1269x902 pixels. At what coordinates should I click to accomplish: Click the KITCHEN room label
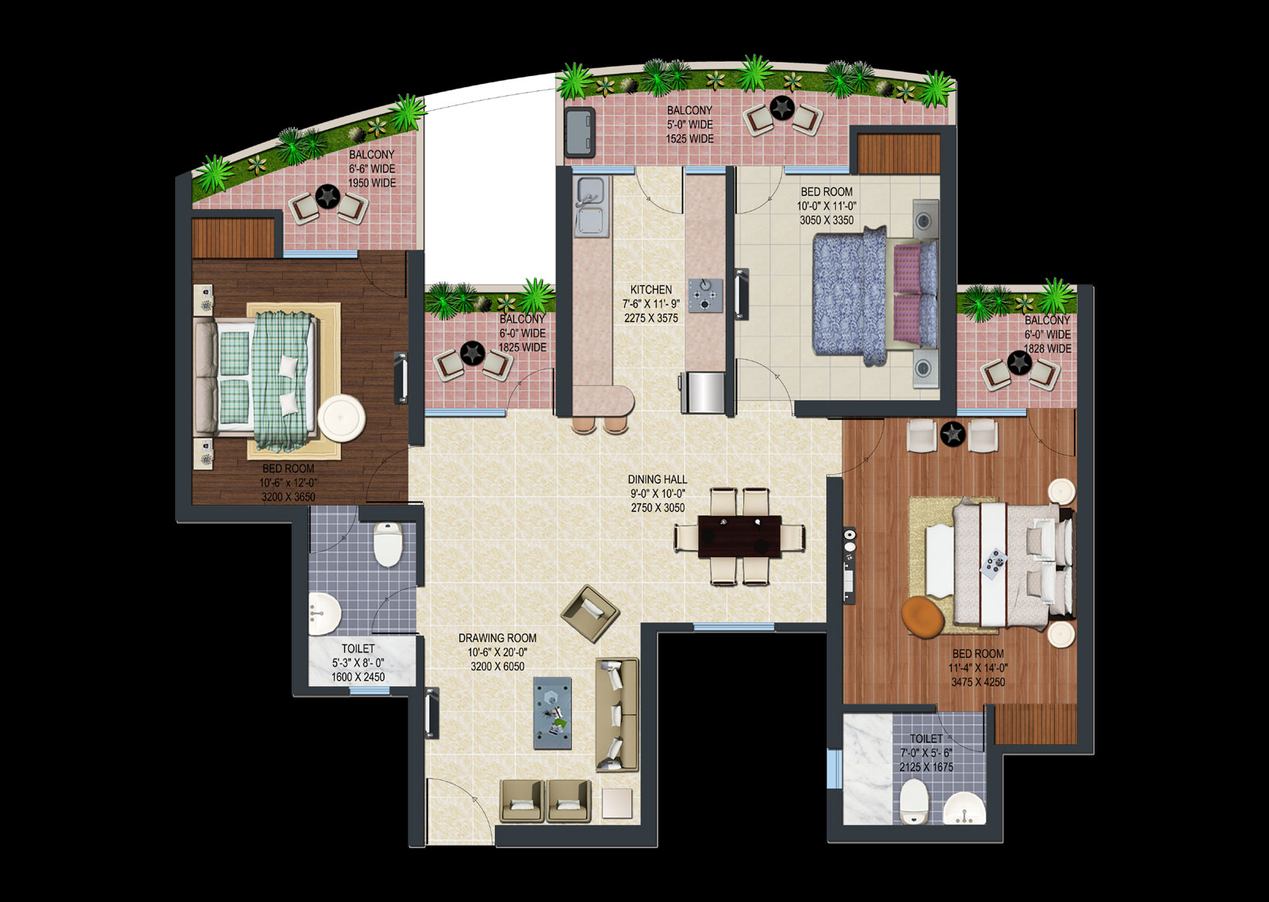tap(651, 289)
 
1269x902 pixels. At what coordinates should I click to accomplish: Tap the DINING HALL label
tap(658, 480)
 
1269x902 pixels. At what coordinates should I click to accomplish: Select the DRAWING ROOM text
tap(497, 638)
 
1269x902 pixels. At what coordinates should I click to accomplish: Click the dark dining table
tap(739, 537)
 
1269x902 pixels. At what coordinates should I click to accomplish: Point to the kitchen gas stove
tap(706, 295)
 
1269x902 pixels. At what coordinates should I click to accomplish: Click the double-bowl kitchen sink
tap(592, 206)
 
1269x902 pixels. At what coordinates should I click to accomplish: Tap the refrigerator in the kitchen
tap(703, 392)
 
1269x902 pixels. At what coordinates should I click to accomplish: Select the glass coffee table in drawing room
tap(552, 713)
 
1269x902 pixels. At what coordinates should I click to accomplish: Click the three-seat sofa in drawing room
tap(618, 714)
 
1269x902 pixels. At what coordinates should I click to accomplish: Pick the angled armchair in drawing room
tap(590, 613)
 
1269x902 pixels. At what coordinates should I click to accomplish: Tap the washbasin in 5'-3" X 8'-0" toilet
tap(324, 613)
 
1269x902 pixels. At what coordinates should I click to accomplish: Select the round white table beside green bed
tap(342, 417)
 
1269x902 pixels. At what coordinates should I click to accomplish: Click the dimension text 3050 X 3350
tap(826, 220)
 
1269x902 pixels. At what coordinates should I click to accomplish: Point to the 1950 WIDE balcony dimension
tap(372, 183)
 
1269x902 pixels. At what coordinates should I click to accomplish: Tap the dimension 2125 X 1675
tap(926, 767)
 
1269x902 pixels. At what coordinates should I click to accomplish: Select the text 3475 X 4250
tap(979, 682)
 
